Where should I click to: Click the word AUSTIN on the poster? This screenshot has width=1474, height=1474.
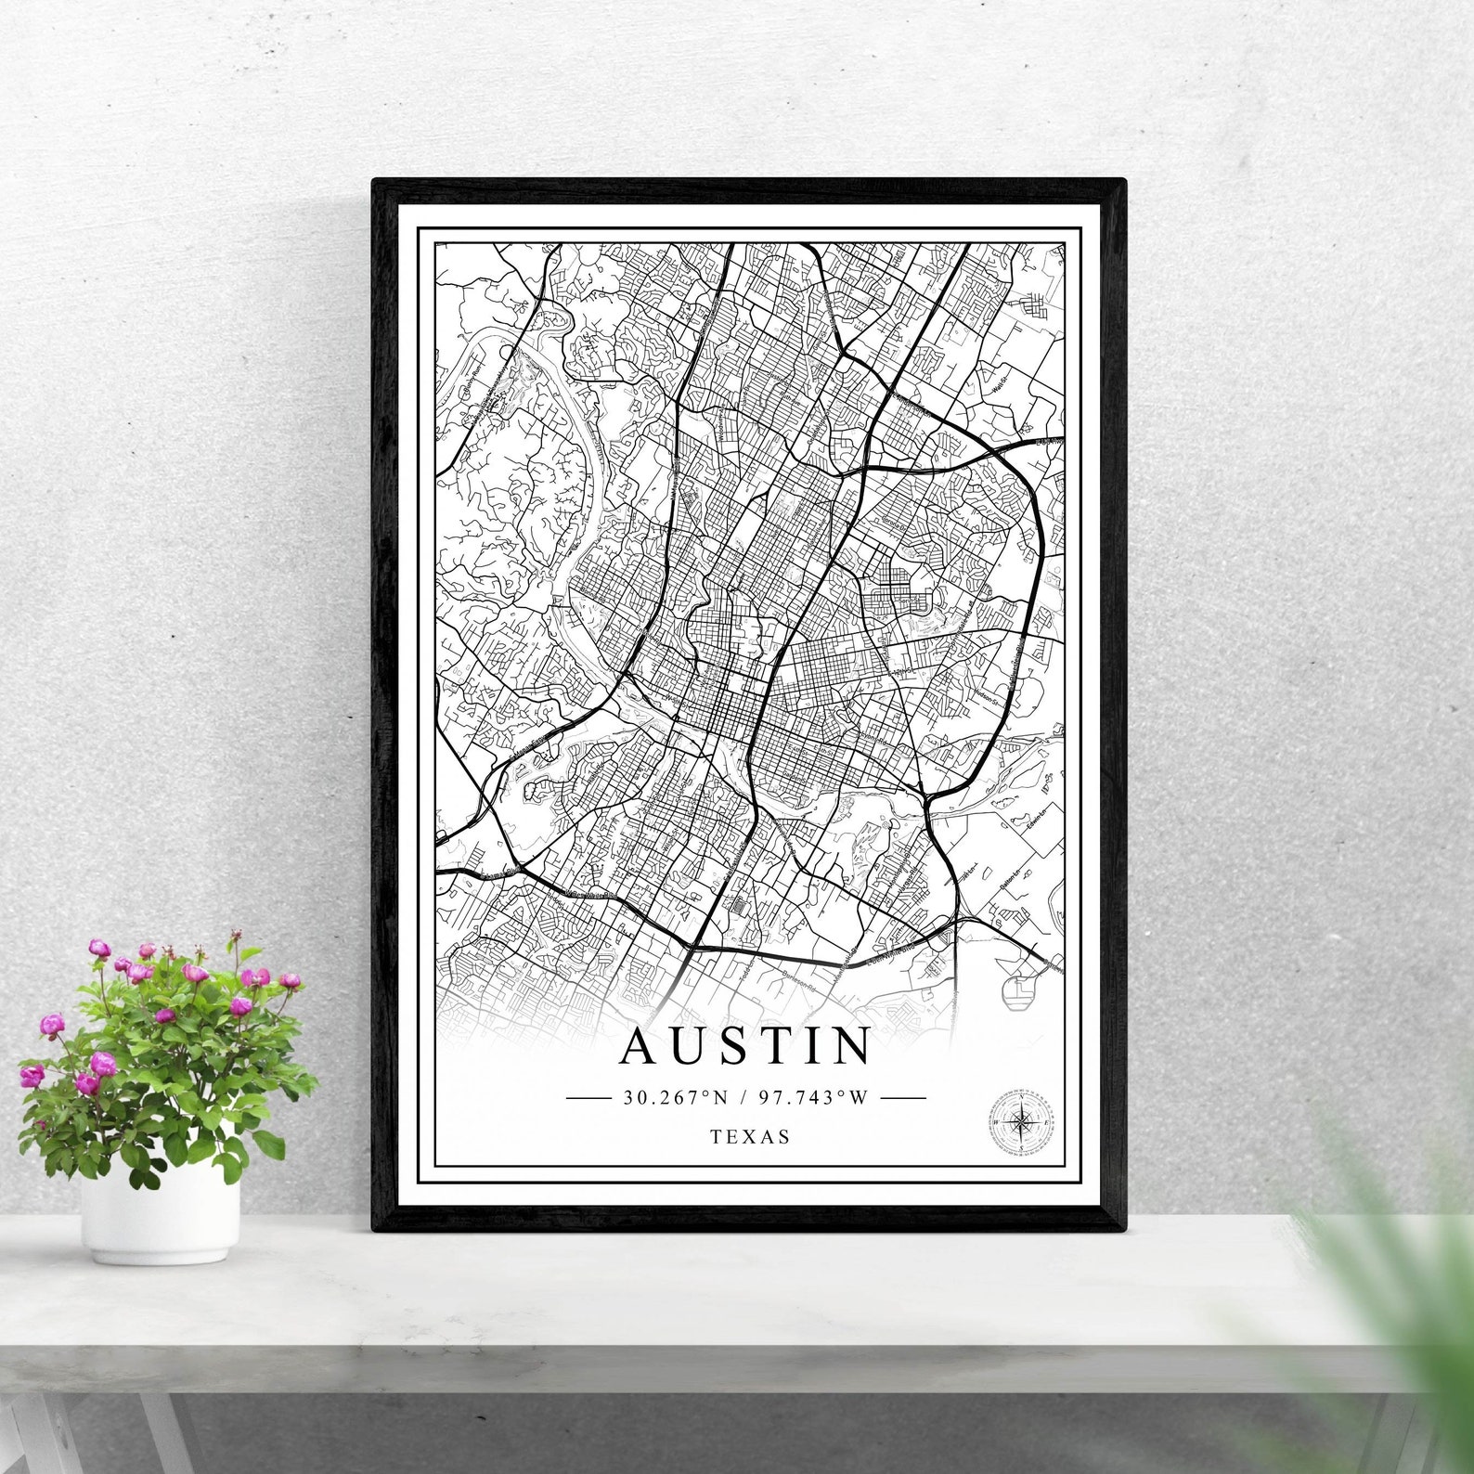(746, 1045)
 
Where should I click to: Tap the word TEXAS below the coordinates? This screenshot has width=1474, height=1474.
(750, 1136)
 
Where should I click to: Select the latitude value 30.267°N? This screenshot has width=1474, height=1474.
(676, 1098)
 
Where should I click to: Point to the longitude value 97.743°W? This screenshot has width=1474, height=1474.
(813, 1098)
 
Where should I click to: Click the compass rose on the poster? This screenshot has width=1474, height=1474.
(1022, 1122)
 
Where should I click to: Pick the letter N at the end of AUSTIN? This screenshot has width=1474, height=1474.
(848, 1045)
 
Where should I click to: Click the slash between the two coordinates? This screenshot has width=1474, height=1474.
(743, 1098)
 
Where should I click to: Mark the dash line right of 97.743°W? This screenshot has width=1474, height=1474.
(902, 1098)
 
